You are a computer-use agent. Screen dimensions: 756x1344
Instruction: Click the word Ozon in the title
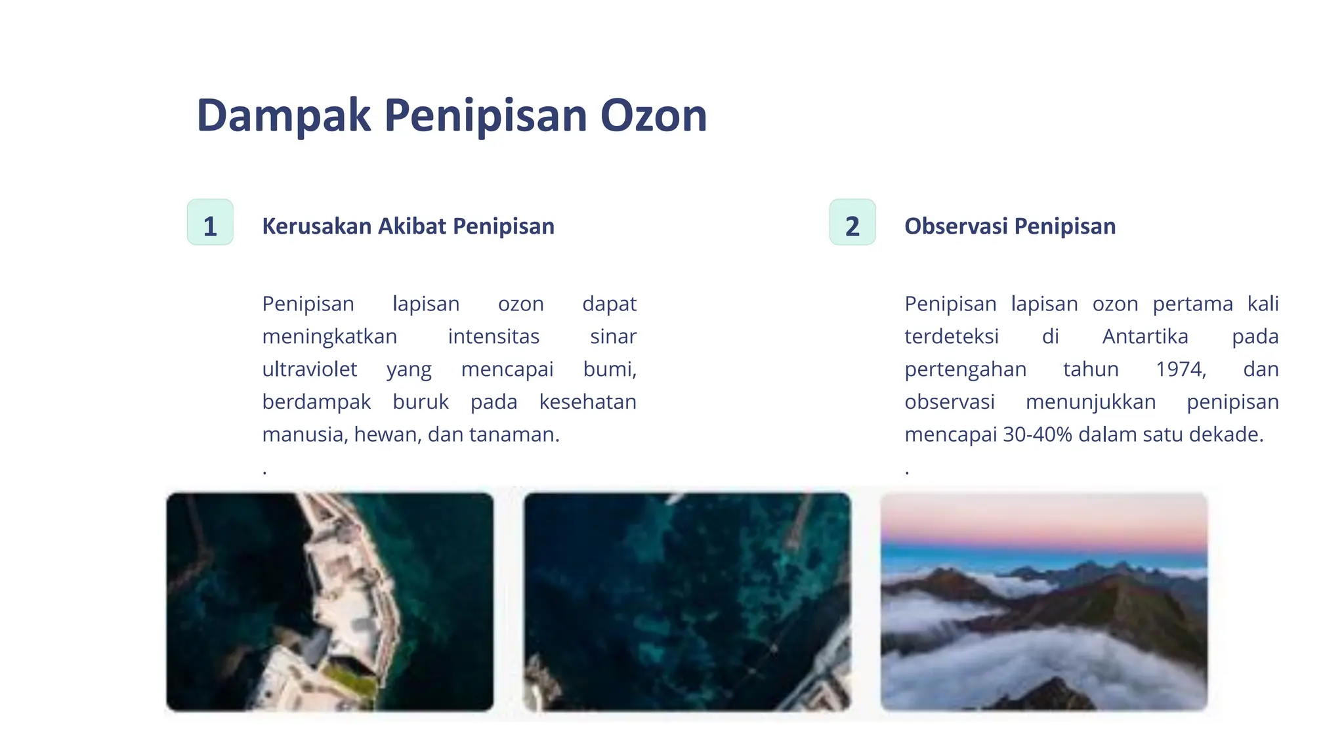click(653, 115)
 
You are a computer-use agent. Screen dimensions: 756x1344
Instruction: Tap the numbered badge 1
click(210, 222)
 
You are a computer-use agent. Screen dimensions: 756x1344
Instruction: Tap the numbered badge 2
click(852, 222)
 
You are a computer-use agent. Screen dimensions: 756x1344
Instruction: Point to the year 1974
click(1180, 369)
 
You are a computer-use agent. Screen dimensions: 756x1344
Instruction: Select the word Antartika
click(1144, 337)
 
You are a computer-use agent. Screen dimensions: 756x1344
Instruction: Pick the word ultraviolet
click(309, 369)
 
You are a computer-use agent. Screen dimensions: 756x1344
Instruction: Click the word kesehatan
click(587, 402)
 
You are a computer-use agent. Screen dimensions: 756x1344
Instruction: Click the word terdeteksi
click(951, 337)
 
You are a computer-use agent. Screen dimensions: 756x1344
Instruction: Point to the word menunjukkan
click(1090, 402)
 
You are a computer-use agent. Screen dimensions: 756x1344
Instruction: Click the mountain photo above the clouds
click(1043, 601)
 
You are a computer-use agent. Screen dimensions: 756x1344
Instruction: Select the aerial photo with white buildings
click(329, 601)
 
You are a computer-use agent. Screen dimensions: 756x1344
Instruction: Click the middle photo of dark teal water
click(686, 601)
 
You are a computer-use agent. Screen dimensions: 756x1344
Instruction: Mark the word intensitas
click(493, 337)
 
